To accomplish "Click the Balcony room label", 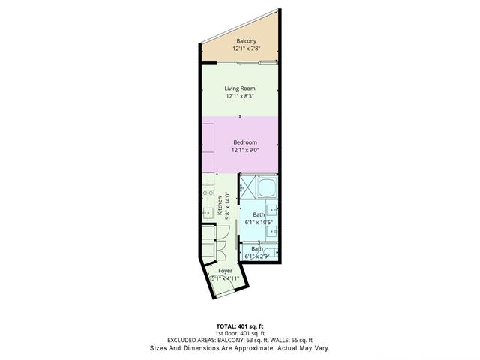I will pyautogui.click(x=247, y=40).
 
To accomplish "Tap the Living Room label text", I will pyautogui.click(x=240, y=88).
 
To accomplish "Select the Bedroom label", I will pyautogui.click(x=245, y=142).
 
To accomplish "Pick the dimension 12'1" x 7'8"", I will pyautogui.click(x=247, y=49).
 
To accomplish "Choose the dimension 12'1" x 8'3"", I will pyautogui.click(x=240, y=97).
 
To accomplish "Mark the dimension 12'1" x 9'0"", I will pyautogui.click(x=245, y=151).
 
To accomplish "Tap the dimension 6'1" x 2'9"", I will pyautogui.click(x=257, y=256).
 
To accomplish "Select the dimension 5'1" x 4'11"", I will pyautogui.click(x=224, y=277).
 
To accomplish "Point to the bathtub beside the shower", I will pyautogui.click(x=248, y=187).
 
